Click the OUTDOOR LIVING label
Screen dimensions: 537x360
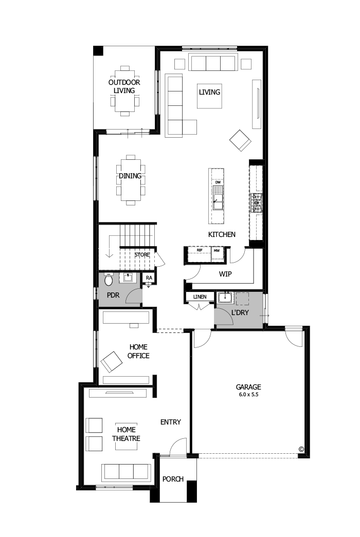pyautogui.click(x=124, y=86)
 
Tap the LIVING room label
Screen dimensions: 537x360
pyautogui.click(x=210, y=92)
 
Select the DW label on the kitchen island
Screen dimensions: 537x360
pyautogui.click(x=218, y=183)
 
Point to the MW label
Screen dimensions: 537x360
pyautogui.click(x=217, y=250)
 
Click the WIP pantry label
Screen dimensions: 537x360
pyautogui.click(x=225, y=274)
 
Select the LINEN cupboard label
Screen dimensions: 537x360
pyautogui.click(x=200, y=297)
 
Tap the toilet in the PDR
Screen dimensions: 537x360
pyautogui.click(x=109, y=280)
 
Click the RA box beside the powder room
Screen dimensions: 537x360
pyautogui.click(x=149, y=278)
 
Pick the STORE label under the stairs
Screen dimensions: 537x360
pyautogui.click(x=142, y=254)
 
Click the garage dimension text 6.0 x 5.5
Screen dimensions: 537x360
pyautogui.click(x=249, y=395)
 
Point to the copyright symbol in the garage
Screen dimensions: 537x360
pyautogui.click(x=301, y=449)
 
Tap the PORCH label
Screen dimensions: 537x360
pyautogui.click(x=173, y=479)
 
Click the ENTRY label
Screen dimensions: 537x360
pyautogui.click(x=171, y=422)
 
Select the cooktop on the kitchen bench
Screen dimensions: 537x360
pyautogui.click(x=256, y=203)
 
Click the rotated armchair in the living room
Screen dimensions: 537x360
pyautogui.click(x=240, y=140)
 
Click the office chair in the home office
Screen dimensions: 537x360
pyautogui.click(x=112, y=362)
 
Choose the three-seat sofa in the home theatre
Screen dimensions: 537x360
pyautogui.click(x=127, y=472)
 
